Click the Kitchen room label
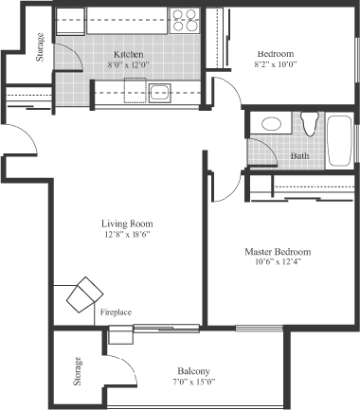(x=128, y=54)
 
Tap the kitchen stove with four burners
(x=185, y=21)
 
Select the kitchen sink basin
(x=160, y=93)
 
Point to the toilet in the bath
(x=309, y=123)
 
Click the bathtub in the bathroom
(x=339, y=141)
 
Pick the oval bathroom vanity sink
(x=271, y=124)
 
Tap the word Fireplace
(x=116, y=312)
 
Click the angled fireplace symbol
(x=84, y=294)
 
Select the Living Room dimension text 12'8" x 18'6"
(x=127, y=235)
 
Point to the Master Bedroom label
(x=278, y=252)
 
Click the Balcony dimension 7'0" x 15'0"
(x=193, y=382)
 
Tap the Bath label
(x=299, y=155)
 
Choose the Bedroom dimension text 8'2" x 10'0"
(x=276, y=64)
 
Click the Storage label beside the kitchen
(x=40, y=47)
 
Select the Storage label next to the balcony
(x=78, y=371)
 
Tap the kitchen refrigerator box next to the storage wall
(x=70, y=21)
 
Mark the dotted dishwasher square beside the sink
(x=135, y=90)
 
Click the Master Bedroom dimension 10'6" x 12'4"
(x=278, y=261)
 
